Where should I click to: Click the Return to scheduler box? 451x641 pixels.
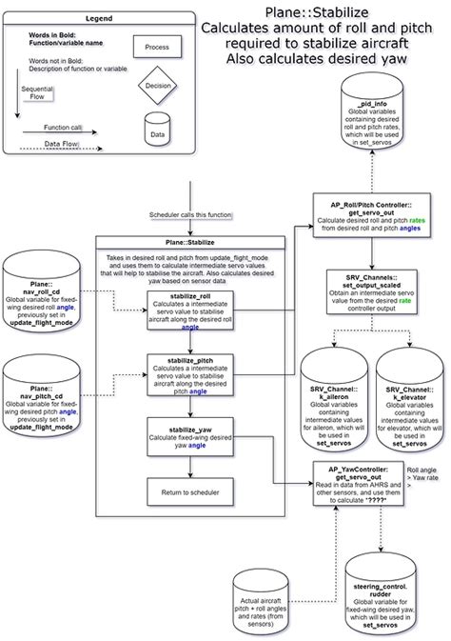point(190,491)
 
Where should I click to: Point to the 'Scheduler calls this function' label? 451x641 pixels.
point(190,216)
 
